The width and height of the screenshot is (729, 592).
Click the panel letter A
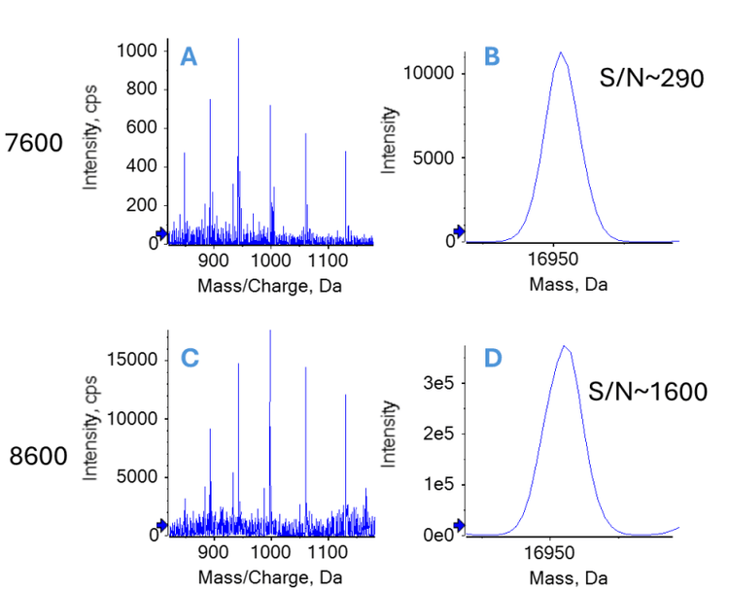pos(190,57)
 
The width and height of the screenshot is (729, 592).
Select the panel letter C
pos(190,359)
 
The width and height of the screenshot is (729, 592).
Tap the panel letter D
pos(493,359)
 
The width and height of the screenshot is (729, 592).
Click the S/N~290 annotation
pos(651,80)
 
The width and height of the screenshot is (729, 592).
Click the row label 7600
pos(34,144)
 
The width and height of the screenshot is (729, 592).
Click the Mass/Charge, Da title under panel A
pos(269,287)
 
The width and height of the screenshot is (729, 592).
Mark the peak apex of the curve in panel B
pos(560,52)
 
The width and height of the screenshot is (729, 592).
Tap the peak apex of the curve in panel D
pos(563,345)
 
